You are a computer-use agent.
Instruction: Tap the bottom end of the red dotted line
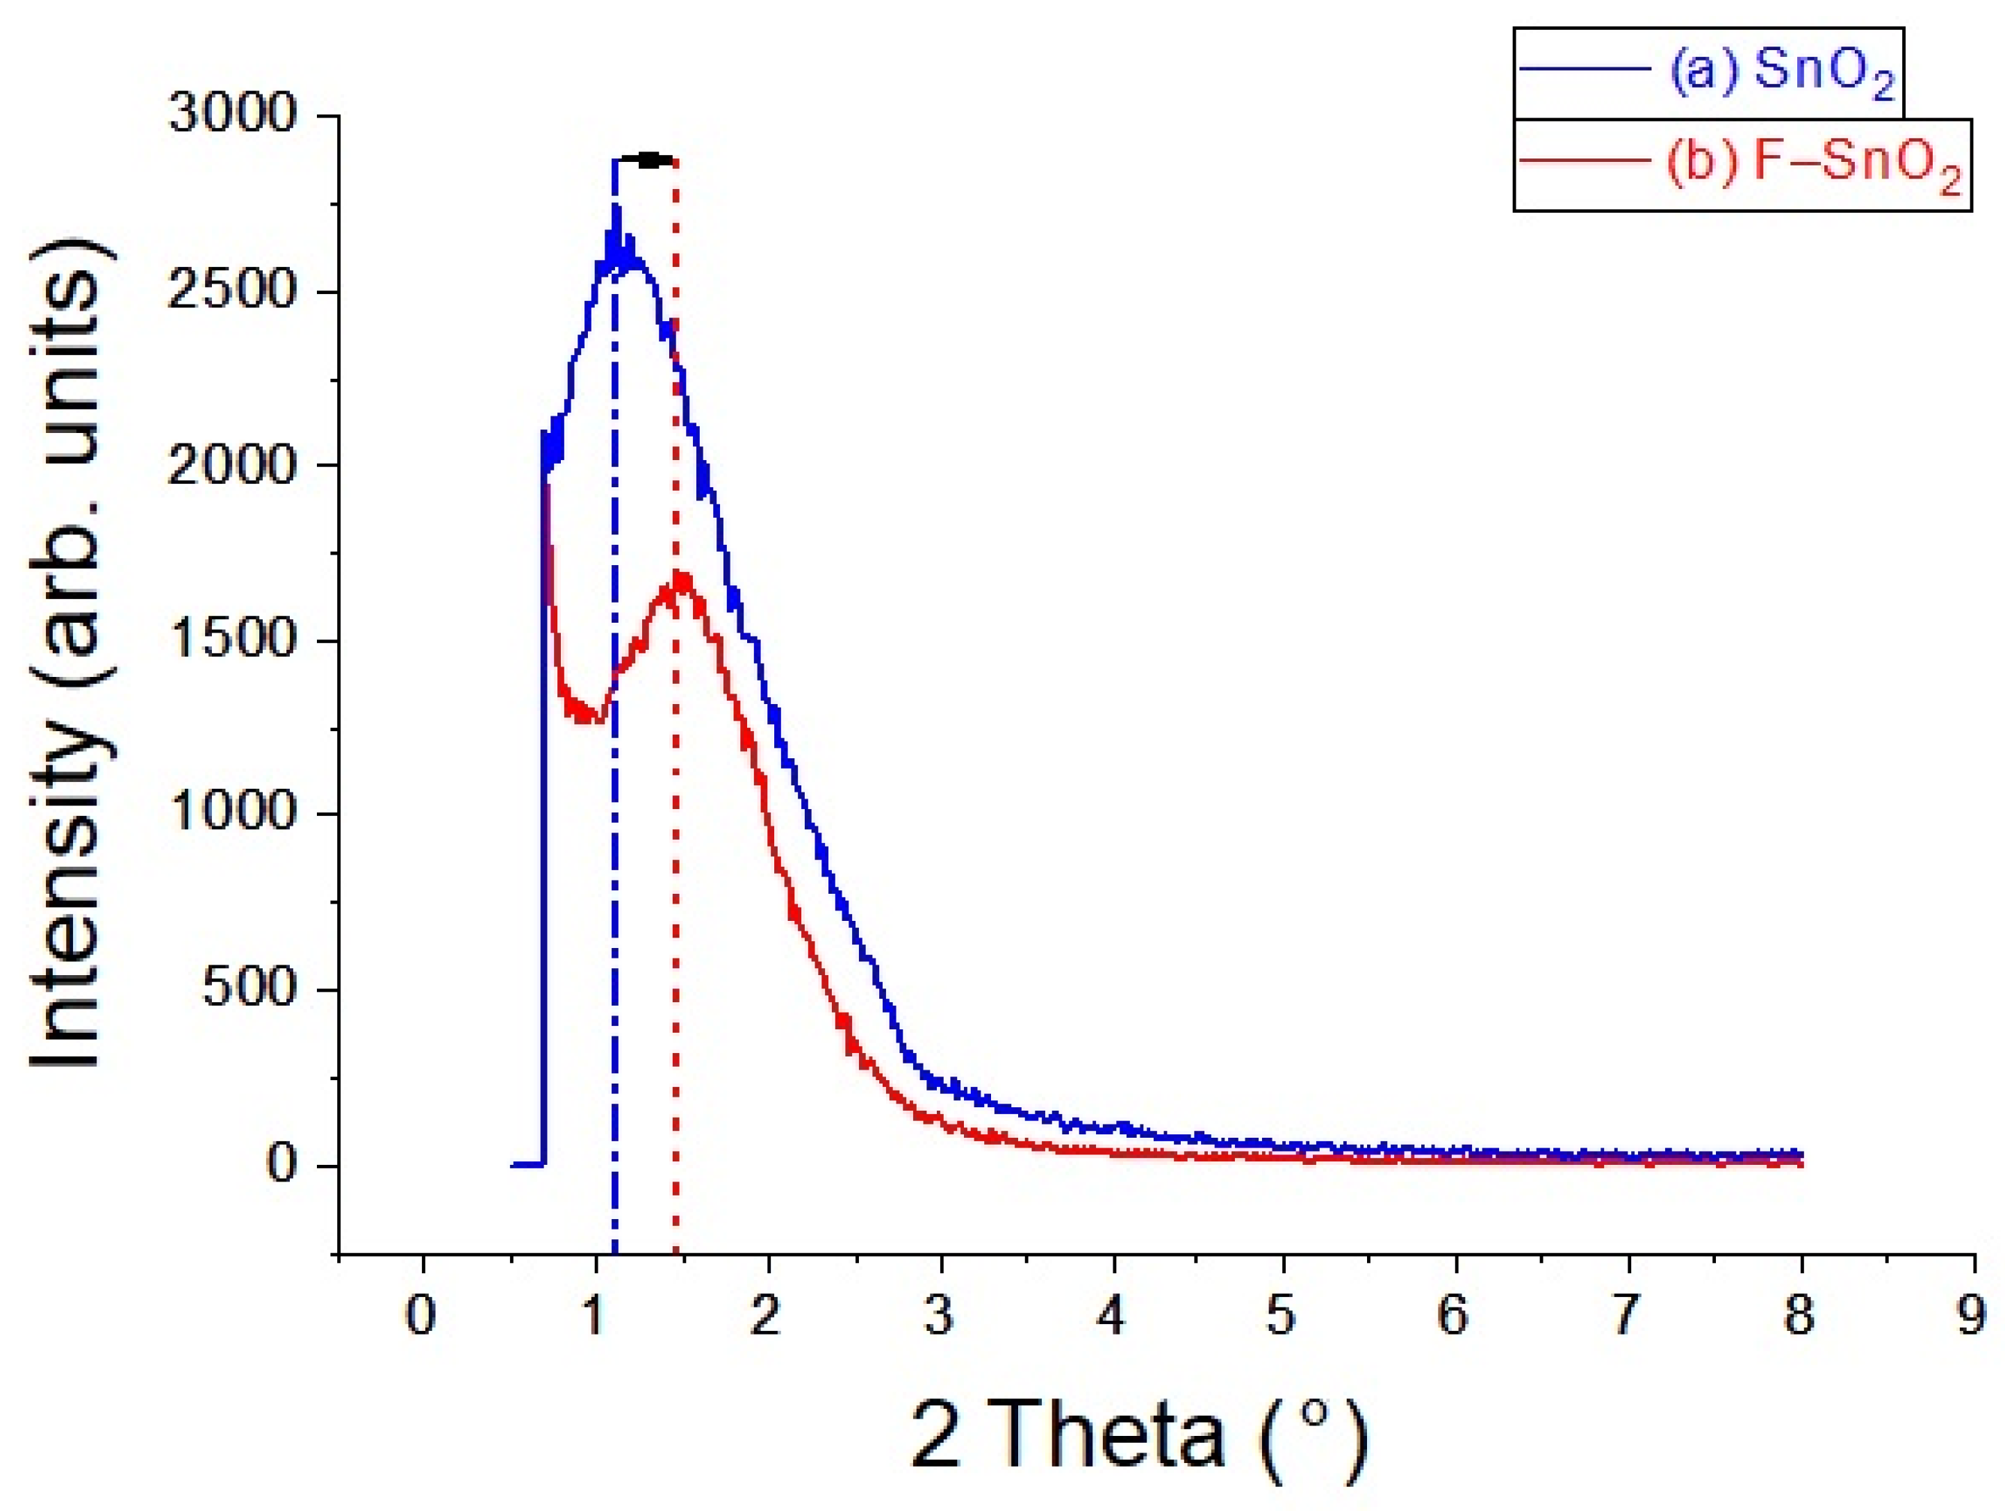(676, 1252)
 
